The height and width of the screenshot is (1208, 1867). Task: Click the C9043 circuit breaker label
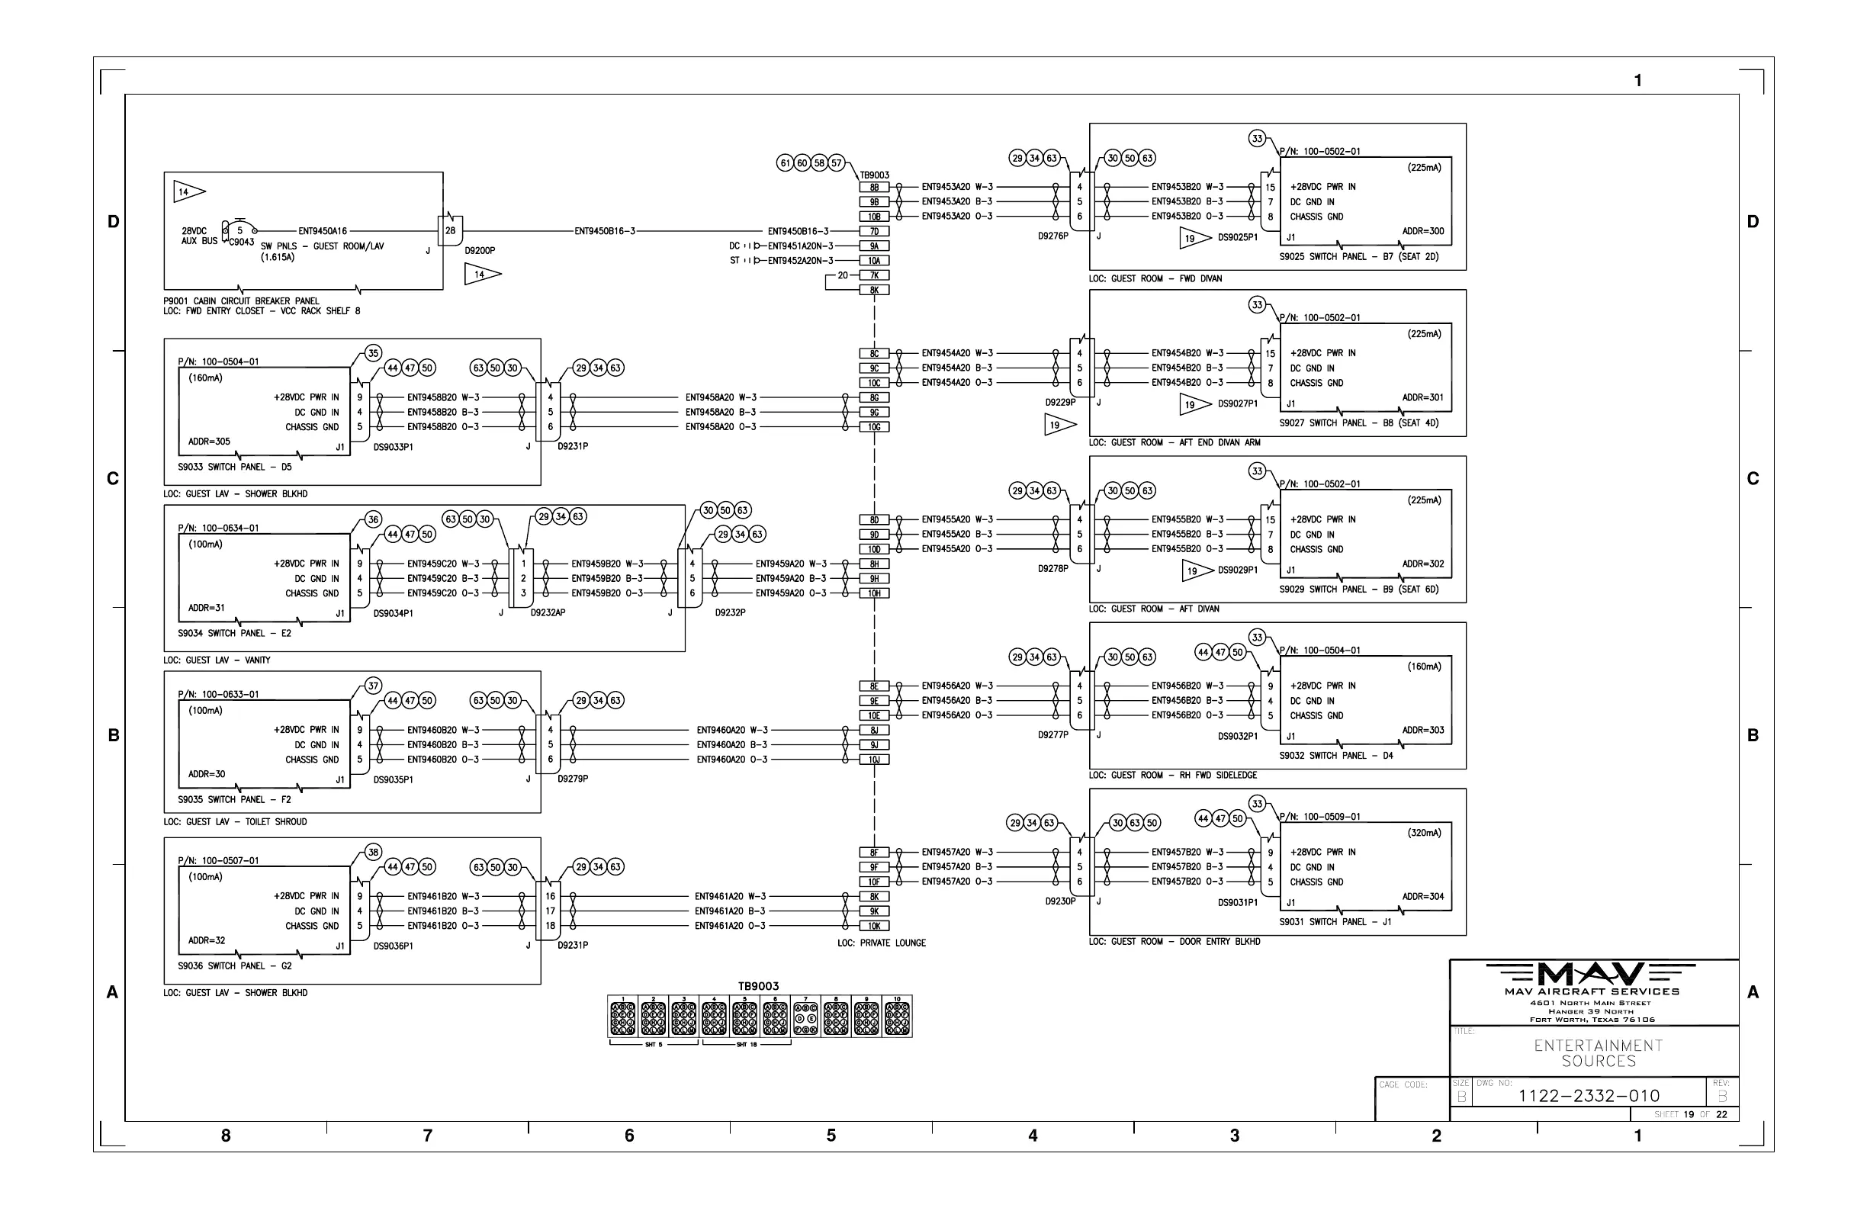click(242, 243)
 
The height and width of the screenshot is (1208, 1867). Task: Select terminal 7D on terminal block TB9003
click(874, 231)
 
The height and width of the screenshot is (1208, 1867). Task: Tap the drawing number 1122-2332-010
click(1589, 1096)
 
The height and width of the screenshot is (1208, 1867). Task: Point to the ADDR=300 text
click(1422, 231)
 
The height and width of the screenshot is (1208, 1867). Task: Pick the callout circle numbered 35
click(374, 354)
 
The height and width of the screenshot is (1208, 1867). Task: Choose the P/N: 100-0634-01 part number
click(218, 528)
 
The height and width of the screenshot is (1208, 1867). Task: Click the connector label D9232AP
click(548, 612)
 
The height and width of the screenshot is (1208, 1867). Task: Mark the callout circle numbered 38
click(374, 853)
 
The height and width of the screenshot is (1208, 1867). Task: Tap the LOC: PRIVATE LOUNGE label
click(881, 943)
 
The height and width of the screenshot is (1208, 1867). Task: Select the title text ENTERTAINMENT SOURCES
click(1598, 1053)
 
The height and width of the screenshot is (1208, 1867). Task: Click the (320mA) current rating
click(1424, 833)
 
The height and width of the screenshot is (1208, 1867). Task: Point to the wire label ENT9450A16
click(323, 231)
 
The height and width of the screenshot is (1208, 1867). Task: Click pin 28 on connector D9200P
click(450, 230)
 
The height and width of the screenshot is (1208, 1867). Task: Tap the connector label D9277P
click(1052, 735)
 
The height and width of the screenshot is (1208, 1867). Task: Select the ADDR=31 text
click(207, 608)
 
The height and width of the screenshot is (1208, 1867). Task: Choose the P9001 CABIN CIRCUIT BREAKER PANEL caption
click(241, 301)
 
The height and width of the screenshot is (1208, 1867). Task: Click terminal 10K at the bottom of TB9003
click(874, 927)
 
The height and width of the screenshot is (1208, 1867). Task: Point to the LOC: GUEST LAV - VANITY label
click(217, 660)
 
